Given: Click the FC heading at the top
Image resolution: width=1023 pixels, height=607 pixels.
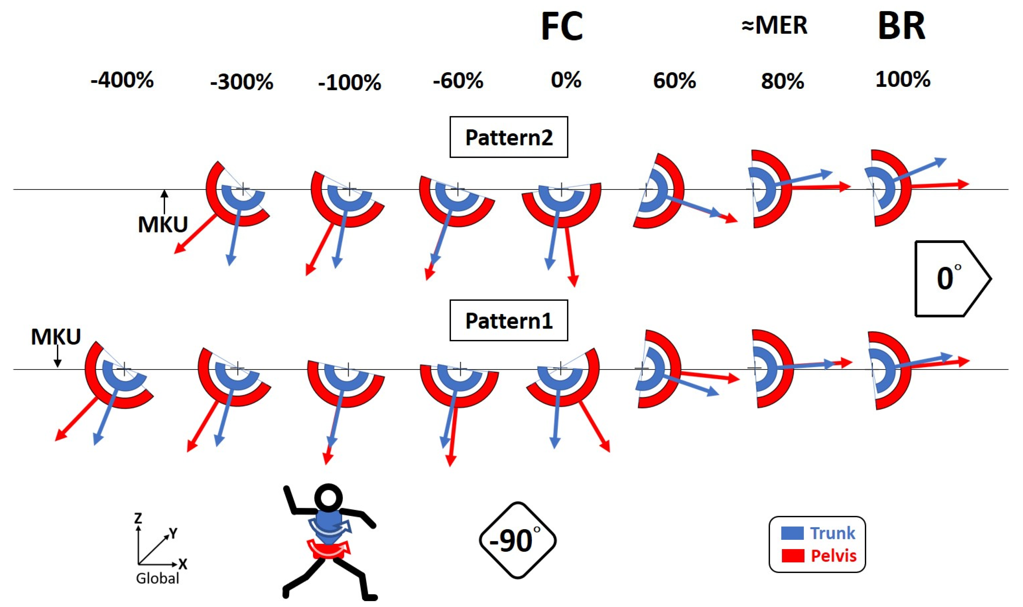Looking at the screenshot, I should (562, 27).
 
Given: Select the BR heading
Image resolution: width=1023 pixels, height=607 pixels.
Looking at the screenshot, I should (902, 27).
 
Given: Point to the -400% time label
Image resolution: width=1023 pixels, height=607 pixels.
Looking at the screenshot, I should (122, 80).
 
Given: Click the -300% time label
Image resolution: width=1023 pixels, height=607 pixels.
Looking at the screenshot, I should (242, 82).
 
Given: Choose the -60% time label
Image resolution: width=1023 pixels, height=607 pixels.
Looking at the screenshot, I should (458, 81).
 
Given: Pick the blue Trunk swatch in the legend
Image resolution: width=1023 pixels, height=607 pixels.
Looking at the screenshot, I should (792, 533).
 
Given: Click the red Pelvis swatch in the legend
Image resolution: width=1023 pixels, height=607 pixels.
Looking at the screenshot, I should (792, 556).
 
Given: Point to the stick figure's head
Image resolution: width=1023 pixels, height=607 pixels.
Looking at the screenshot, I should (328, 498).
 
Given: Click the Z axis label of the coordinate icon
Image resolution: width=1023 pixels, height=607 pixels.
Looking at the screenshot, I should (138, 518).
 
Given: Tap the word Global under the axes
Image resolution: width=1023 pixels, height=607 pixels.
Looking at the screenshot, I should (157, 578).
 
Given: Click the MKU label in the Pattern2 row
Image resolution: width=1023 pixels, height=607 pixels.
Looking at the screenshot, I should (163, 225).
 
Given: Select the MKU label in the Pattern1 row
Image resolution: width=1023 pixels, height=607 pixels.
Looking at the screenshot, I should (56, 337).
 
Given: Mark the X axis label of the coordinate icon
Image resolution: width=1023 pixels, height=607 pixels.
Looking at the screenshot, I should (183, 565).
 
